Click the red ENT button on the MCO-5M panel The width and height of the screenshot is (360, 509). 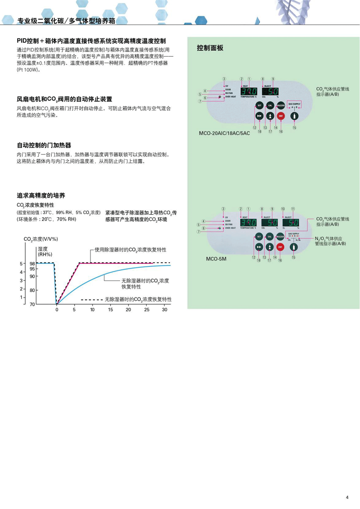coord(280,247)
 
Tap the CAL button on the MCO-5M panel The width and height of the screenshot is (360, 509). coord(270,236)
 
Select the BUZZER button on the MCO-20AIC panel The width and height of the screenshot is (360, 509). coord(280,105)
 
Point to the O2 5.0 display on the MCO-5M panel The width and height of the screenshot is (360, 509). coord(291,222)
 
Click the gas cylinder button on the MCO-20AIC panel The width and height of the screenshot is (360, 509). coord(294,116)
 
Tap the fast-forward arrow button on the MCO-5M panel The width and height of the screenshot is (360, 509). coord(259,247)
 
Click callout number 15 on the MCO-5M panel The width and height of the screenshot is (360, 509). coord(294,258)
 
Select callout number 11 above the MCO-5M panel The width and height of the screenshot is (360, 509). coord(293,209)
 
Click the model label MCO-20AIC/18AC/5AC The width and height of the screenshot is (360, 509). coord(224,134)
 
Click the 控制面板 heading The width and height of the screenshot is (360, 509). coord(210,48)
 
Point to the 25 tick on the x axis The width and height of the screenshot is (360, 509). coord(146,310)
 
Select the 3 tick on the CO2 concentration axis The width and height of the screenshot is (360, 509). coord(21,280)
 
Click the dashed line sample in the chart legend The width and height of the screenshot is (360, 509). coord(91,299)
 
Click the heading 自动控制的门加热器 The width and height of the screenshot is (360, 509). coord(44,145)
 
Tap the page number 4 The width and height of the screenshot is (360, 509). coord(347,497)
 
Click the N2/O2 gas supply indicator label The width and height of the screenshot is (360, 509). coord(330,241)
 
